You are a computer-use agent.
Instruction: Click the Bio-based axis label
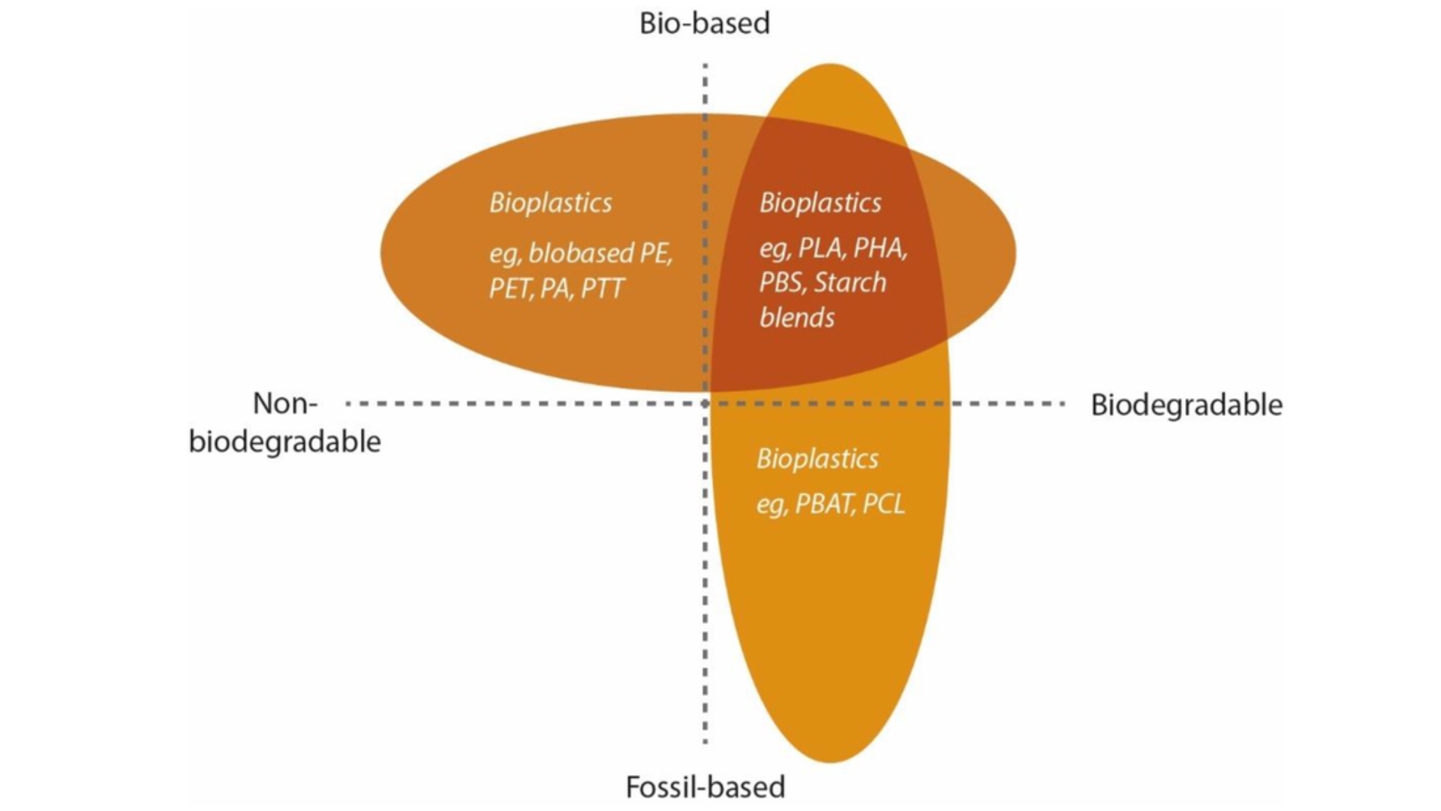(x=704, y=23)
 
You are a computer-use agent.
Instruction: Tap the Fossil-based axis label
(x=705, y=787)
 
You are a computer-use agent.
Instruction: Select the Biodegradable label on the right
(x=1186, y=405)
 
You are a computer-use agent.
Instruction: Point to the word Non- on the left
(x=285, y=403)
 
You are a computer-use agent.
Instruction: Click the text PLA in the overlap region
(x=820, y=247)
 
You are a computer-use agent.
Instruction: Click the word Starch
(x=850, y=282)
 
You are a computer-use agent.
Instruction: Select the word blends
(x=796, y=318)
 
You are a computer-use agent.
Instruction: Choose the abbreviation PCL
(x=883, y=503)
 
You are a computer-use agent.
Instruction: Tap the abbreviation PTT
(x=603, y=288)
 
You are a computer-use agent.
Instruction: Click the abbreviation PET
(x=510, y=288)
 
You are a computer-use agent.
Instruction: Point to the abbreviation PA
(x=555, y=288)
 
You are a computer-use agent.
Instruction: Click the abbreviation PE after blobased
(x=655, y=253)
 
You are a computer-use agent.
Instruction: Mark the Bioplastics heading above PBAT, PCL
(x=817, y=458)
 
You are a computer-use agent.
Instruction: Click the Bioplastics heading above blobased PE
(x=551, y=203)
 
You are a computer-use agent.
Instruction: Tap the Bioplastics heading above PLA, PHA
(x=820, y=203)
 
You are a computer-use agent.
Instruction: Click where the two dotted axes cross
(x=705, y=403)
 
